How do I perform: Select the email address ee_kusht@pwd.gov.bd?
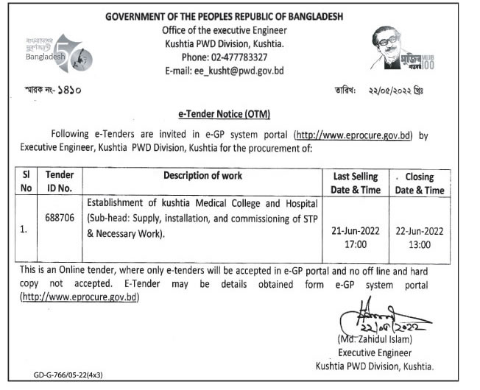224,71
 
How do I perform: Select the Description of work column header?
202,177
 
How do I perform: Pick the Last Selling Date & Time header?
355,183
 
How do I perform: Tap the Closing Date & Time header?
420,183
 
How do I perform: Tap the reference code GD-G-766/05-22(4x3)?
68,375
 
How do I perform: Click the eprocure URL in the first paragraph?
352,135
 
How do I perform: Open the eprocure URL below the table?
80,297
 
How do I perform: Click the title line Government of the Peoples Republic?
225,16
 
